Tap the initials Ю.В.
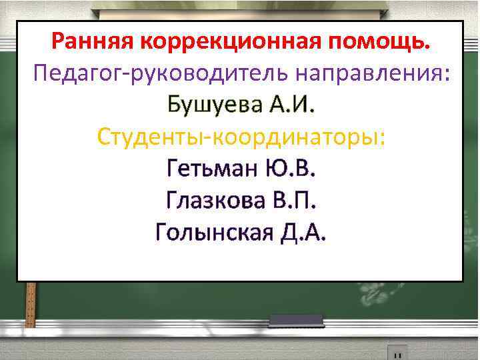point(288,168)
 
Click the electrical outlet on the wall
point(397,352)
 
